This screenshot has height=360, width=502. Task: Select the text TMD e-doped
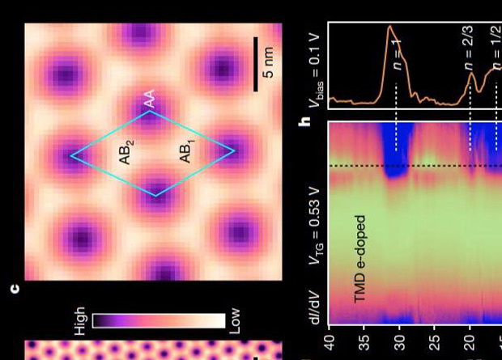click(x=360, y=259)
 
